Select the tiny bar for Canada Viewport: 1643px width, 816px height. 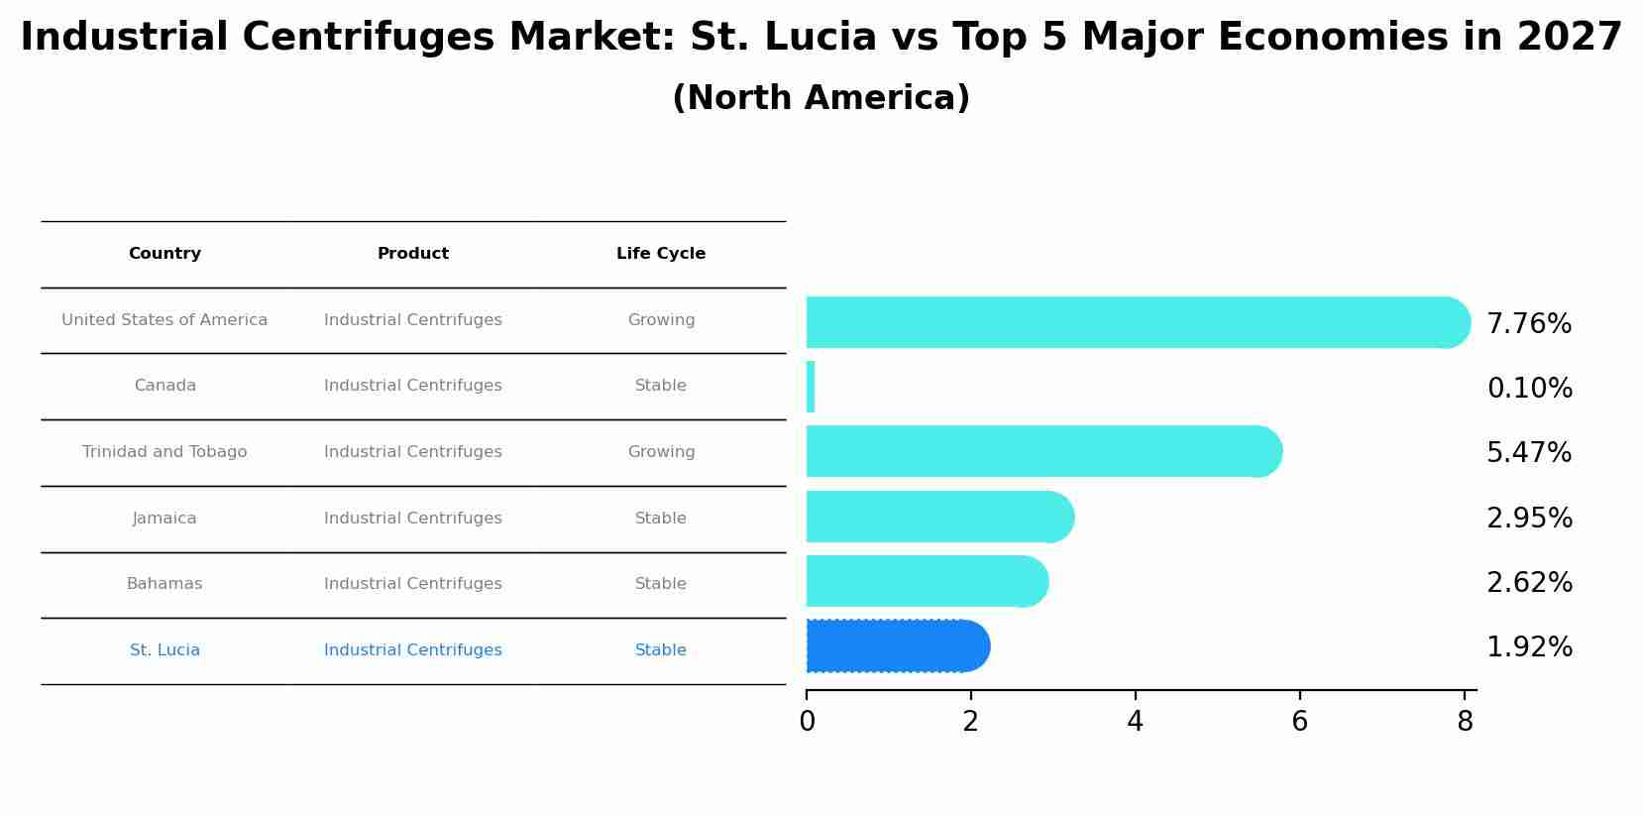[x=811, y=387]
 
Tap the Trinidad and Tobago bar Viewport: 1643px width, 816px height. [x=1041, y=451]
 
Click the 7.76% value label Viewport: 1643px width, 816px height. [x=1529, y=324]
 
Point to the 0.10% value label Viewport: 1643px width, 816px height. [x=1529, y=389]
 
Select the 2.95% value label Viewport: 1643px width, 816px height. [x=1529, y=519]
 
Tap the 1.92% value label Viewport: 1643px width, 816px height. [x=1529, y=647]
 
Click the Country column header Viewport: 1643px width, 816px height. [x=164, y=254]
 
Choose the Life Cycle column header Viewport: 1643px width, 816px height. [x=661, y=254]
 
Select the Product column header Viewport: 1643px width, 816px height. [x=413, y=254]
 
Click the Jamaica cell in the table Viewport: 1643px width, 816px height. [x=164, y=519]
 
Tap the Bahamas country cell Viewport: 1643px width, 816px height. [x=164, y=584]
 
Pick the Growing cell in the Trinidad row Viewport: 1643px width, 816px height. [x=661, y=452]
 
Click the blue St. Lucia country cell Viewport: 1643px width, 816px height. [x=164, y=650]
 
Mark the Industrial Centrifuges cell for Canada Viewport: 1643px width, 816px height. [x=413, y=386]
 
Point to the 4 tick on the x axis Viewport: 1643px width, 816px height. [x=1135, y=722]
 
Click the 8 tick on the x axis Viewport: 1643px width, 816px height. [x=1465, y=722]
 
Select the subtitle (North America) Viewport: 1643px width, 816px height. [x=821, y=98]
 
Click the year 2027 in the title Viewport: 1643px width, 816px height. [x=1569, y=38]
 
